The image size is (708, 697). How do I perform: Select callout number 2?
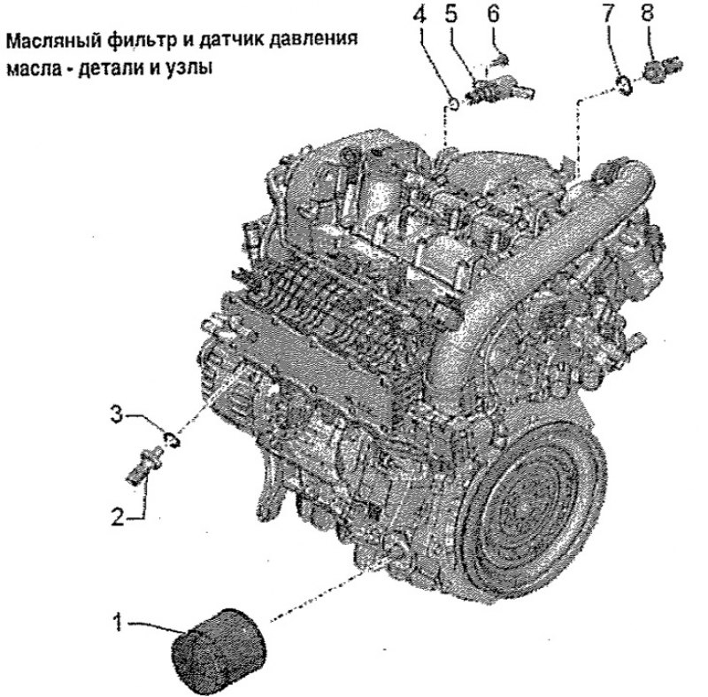(118, 516)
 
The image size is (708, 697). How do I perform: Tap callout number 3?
(118, 414)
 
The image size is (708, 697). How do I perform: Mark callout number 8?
(647, 13)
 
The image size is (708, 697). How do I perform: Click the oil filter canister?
(218, 650)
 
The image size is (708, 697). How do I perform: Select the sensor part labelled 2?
(142, 465)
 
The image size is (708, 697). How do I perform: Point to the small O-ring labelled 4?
(453, 103)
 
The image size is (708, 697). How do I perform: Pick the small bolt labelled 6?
(501, 59)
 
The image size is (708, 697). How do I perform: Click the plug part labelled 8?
(662, 69)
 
